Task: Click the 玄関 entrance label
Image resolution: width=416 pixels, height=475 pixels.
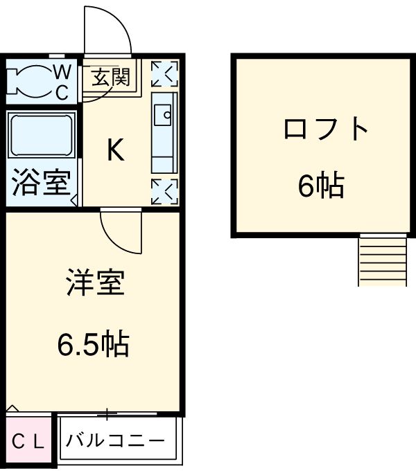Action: (x=111, y=77)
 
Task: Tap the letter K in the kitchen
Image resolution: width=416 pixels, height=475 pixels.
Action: (x=115, y=150)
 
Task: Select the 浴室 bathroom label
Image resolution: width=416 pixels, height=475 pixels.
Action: (x=41, y=184)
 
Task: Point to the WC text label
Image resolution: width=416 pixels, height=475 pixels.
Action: (x=62, y=82)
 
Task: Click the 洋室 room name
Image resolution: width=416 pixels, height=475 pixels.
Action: (x=96, y=285)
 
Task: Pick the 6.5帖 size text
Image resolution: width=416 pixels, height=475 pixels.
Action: (x=93, y=343)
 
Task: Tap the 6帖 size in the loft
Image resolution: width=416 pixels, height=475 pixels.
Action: (x=321, y=185)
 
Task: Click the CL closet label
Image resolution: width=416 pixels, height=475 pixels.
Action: (x=28, y=441)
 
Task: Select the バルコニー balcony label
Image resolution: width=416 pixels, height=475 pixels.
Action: (x=116, y=440)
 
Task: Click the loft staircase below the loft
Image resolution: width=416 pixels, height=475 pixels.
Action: (x=381, y=260)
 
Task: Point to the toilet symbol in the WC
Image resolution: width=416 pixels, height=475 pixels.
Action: (x=27, y=81)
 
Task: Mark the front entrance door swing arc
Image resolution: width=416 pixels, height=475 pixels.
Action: (x=107, y=29)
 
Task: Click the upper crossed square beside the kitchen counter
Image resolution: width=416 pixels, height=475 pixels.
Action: (x=165, y=73)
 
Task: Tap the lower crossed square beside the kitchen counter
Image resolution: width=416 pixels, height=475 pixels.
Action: (x=165, y=191)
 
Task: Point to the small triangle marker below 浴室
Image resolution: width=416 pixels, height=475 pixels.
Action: (x=73, y=201)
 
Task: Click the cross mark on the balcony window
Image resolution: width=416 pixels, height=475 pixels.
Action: (x=107, y=415)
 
